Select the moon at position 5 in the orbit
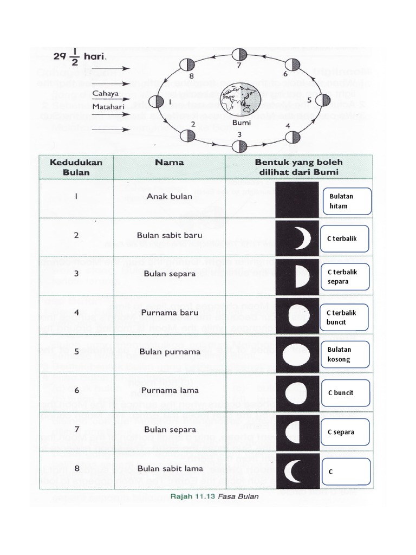[323, 100]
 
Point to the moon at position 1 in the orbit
[156, 101]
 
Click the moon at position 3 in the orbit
[239, 146]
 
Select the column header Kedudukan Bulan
[76, 167]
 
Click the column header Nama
[169, 162]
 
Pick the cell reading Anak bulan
[169, 196]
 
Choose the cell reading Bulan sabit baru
[169, 235]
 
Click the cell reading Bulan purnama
[169, 351]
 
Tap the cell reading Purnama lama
[169, 390]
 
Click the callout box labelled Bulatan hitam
[345, 201]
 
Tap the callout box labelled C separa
[345, 432]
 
